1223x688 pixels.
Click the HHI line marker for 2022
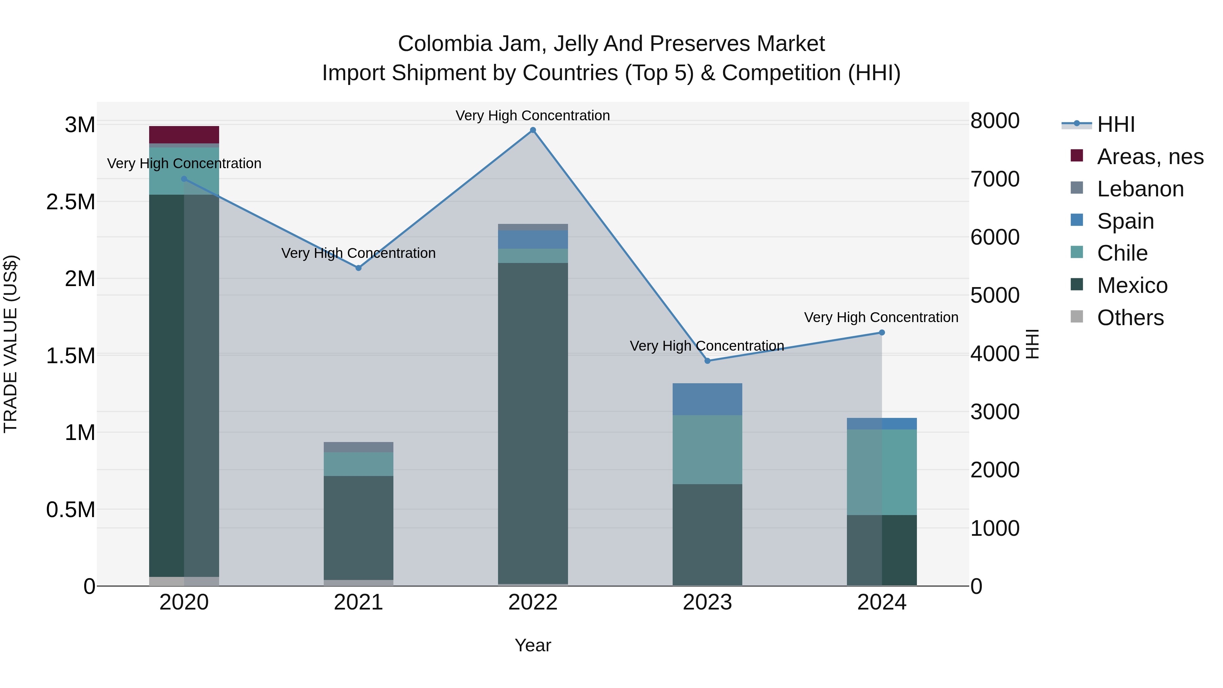533,130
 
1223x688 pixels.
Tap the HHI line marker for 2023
707,361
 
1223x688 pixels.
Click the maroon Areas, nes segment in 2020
184,135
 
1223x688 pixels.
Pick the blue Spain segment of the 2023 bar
707,399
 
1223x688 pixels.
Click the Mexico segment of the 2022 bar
533,423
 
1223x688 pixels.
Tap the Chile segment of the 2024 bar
882,472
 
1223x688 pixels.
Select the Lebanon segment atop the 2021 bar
358,447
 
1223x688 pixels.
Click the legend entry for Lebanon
1140,189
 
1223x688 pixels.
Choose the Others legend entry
1130,318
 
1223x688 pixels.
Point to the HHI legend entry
1116,124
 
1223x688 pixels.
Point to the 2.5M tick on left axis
71,202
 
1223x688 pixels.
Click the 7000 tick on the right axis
995,179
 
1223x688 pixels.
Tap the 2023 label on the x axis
707,602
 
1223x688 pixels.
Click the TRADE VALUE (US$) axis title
11,344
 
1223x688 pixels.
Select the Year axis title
533,645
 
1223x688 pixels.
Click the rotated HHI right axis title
1032,344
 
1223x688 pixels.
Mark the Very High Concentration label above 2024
881,317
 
